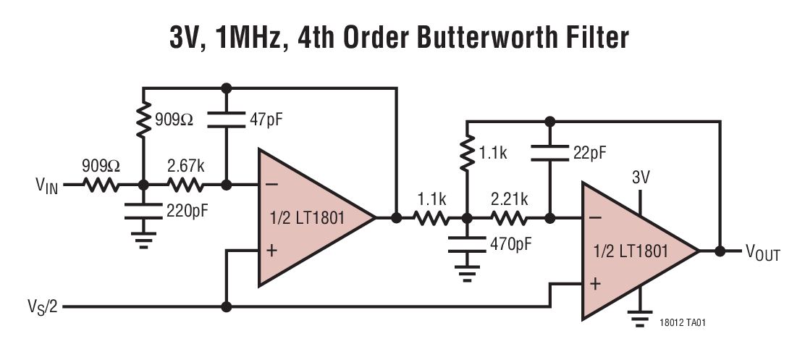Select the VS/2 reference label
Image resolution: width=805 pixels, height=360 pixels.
point(41,307)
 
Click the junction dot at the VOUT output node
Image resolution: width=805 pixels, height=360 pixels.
point(720,251)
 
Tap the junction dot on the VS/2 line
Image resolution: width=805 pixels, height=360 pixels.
point(227,307)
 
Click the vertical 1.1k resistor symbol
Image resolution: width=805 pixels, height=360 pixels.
point(468,154)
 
